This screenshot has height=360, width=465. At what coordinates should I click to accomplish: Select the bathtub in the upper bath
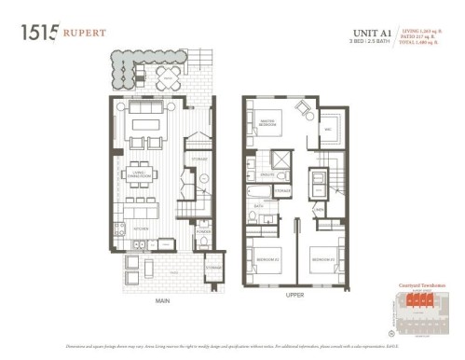tap(261, 194)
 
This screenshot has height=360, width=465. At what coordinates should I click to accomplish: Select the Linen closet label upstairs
tap(320, 210)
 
